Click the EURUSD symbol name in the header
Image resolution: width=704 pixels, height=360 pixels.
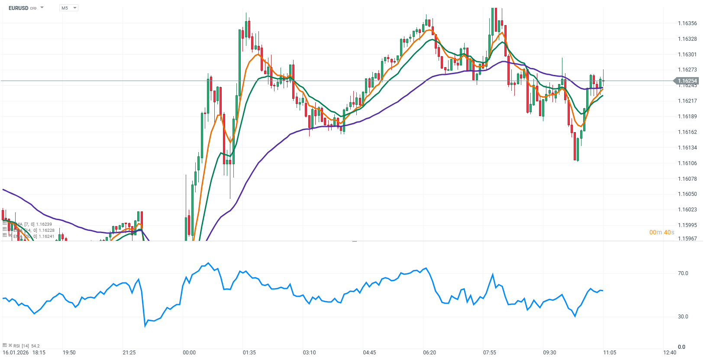pos(18,8)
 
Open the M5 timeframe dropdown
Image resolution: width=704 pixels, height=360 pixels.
pos(68,8)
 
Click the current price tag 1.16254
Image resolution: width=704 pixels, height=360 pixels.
pos(687,81)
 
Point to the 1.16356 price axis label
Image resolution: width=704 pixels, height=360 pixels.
pos(687,23)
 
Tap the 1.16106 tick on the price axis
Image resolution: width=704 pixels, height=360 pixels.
pos(687,163)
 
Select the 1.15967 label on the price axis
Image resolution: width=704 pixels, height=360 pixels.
pos(687,239)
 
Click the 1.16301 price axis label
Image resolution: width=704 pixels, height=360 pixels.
pos(687,55)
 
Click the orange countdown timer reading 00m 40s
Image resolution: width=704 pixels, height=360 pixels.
pos(662,233)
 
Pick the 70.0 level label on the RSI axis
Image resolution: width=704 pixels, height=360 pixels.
pos(683,273)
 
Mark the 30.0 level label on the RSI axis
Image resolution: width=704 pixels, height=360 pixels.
pos(683,317)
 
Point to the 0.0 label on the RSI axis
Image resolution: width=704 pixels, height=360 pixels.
pos(681,347)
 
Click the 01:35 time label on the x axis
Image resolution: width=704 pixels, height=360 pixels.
pos(249,353)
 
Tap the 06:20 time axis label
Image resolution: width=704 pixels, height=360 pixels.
pos(430,353)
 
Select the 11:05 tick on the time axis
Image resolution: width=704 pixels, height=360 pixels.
pos(610,353)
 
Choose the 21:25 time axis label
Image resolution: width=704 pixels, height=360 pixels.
pos(129,353)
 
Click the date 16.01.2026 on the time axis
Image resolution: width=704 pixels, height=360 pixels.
pos(16,353)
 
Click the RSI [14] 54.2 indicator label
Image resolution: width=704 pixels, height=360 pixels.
pos(26,346)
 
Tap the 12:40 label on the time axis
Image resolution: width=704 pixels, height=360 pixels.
pos(670,353)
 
